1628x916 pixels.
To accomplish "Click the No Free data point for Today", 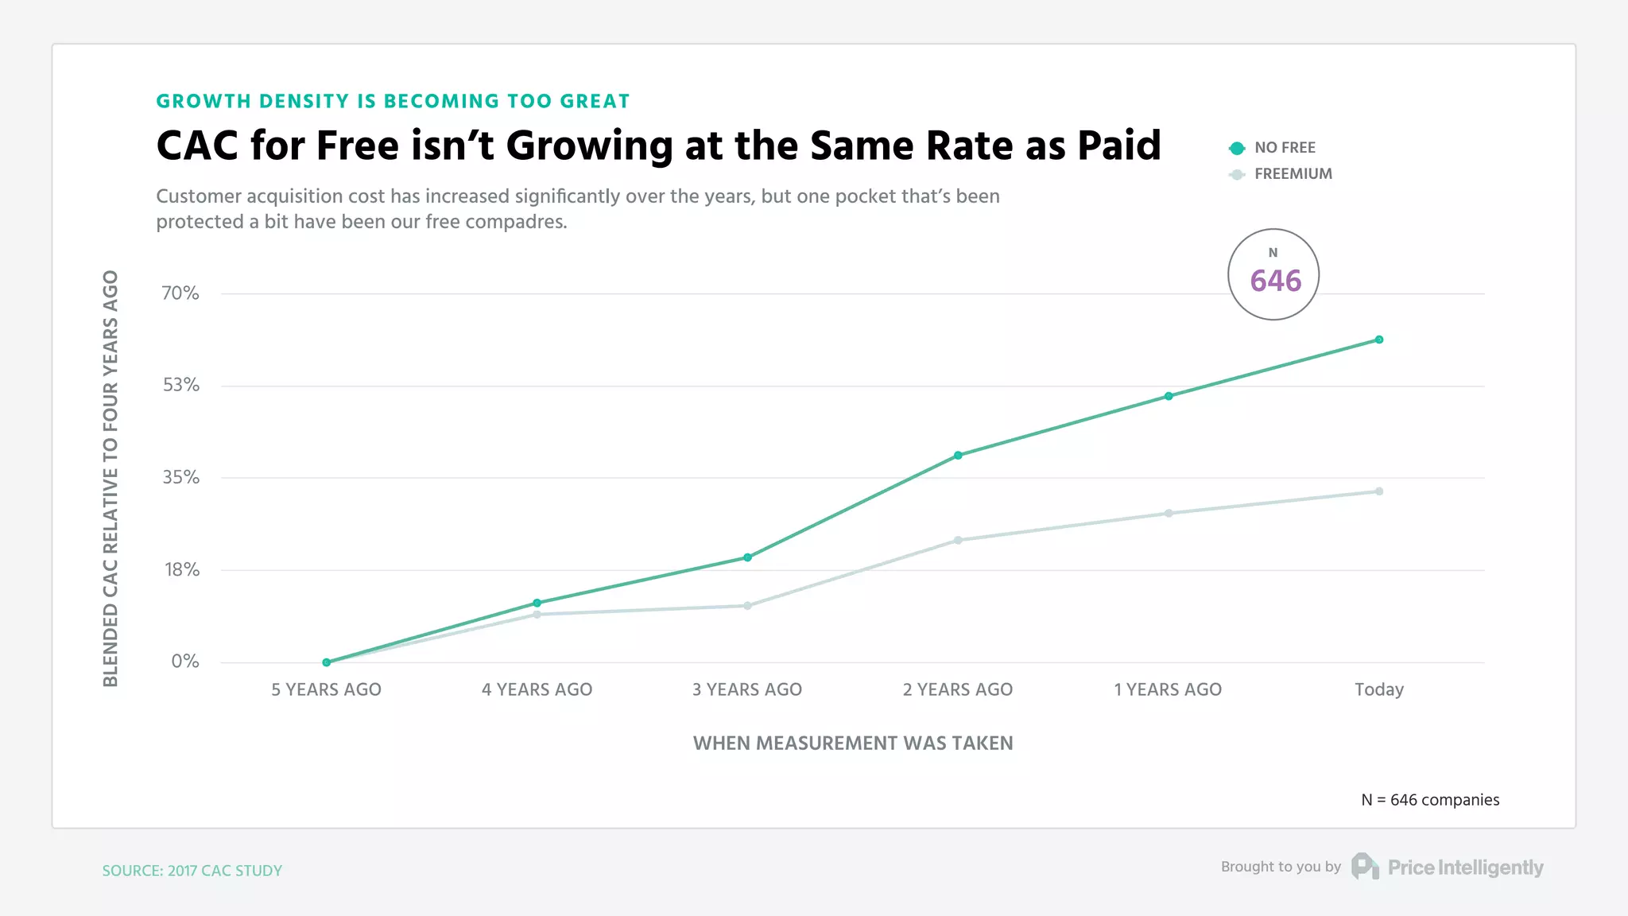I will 1379,340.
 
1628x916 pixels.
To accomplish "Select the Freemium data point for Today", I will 1379,491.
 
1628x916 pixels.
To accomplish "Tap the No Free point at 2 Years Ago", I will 958,456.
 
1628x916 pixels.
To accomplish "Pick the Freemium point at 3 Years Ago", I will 747,606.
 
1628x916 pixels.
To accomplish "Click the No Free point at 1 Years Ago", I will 1169,396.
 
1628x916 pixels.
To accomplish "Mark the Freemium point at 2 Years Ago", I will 958,541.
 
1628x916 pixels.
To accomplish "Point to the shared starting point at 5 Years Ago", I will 327,662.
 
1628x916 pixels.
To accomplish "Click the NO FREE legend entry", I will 1284,148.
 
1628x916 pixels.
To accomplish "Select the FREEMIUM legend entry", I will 1292,174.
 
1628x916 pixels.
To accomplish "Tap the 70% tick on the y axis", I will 180,293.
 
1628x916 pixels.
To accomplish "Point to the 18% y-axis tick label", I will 182,569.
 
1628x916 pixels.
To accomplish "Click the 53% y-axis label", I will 181,385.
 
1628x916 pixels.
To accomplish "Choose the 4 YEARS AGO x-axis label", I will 537,689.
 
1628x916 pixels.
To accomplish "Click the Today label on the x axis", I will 1379,689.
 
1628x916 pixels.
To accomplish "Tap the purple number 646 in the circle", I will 1275,281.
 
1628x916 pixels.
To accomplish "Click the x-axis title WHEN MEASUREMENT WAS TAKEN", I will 853,743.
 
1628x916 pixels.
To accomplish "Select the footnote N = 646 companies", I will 1430,800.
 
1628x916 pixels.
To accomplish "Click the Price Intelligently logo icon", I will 1365,867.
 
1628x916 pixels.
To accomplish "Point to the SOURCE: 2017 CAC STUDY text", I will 192,871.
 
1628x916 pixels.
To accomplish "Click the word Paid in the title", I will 1118,146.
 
